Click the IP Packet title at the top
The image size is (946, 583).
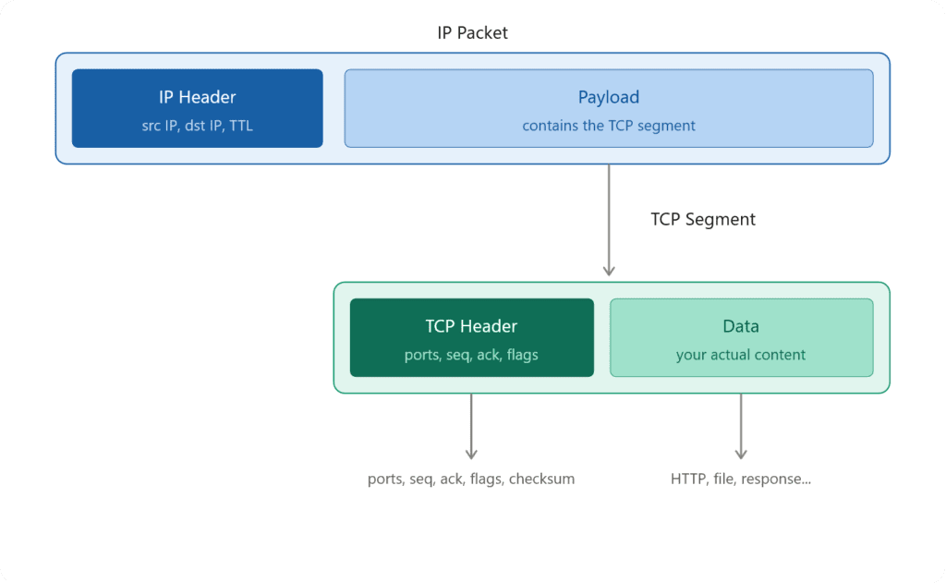pyautogui.click(x=472, y=32)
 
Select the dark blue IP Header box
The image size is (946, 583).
pyautogui.click(x=197, y=108)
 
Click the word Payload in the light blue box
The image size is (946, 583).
pyautogui.click(x=608, y=97)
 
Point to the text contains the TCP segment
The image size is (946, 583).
pyautogui.click(x=608, y=126)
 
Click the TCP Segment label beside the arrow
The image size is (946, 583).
pyautogui.click(x=702, y=219)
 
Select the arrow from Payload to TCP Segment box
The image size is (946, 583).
pyautogui.click(x=609, y=222)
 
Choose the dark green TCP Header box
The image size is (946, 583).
pyautogui.click(x=471, y=337)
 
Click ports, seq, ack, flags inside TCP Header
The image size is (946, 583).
pyautogui.click(x=471, y=355)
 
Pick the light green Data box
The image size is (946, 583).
pyautogui.click(x=741, y=337)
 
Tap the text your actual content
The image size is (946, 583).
pyautogui.click(x=741, y=355)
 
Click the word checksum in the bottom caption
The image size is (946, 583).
pyautogui.click(x=541, y=479)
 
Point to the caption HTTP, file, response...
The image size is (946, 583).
pyautogui.click(x=741, y=479)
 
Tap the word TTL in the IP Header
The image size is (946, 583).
pyautogui.click(x=241, y=126)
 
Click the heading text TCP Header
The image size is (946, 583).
pyautogui.click(x=471, y=326)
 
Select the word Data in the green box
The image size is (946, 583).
pyautogui.click(x=741, y=326)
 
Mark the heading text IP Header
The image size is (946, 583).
pyautogui.click(x=197, y=97)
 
